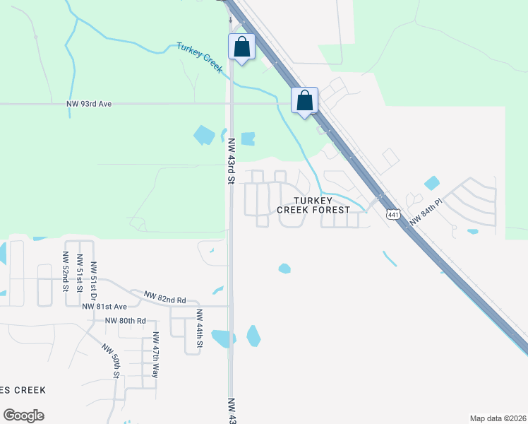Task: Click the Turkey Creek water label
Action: click(x=200, y=58)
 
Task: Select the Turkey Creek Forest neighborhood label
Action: click(x=313, y=205)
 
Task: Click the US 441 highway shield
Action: click(x=393, y=213)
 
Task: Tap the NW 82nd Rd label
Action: click(x=165, y=298)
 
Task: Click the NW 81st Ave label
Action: click(x=104, y=307)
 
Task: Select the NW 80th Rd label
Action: click(x=125, y=320)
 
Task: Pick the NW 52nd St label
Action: click(x=65, y=271)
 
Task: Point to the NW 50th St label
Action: click(x=112, y=360)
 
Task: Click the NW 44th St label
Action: click(x=199, y=329)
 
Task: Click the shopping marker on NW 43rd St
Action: click(x=241, y=47)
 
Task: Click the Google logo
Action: click(x=23, y=416)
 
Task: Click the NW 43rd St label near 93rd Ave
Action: click(x=231, y=160)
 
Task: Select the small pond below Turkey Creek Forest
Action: click(x=284, y=269)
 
